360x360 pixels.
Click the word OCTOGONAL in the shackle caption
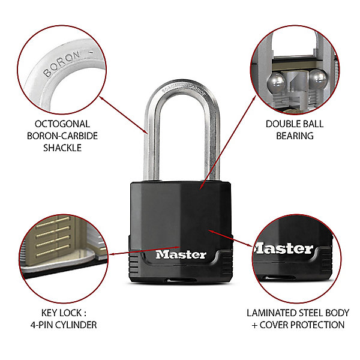point(62,124)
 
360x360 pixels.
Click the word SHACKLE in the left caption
point(62,148)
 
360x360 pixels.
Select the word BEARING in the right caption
point(295,136)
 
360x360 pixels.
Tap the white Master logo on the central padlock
point(181,254)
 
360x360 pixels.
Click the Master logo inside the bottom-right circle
point(284,248)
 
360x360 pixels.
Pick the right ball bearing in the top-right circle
point(318,79)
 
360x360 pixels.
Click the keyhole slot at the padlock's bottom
point(181,280)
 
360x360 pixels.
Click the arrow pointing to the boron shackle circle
point(124,115)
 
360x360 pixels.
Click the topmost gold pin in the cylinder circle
point(53,222)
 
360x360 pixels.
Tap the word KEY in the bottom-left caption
point(49,313)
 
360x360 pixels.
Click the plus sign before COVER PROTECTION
point(254,325)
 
